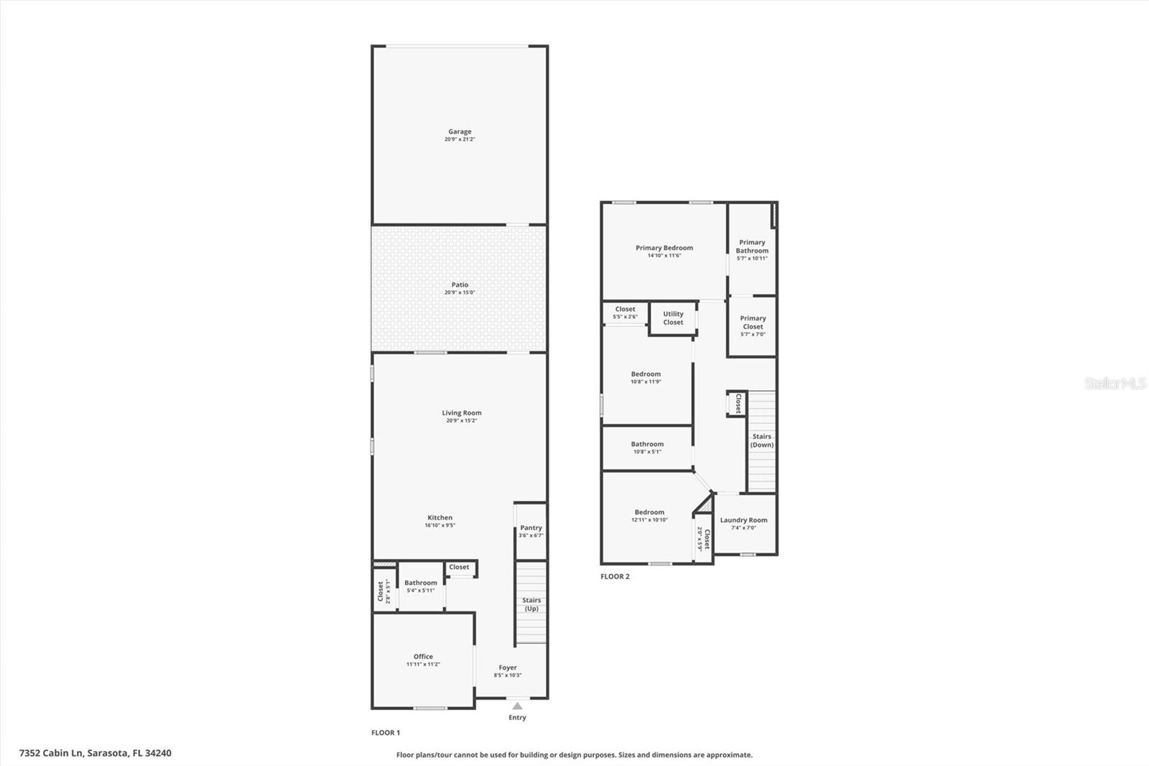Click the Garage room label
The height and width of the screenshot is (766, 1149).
pos(460,131)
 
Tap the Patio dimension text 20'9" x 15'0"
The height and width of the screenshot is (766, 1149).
pos(460,292)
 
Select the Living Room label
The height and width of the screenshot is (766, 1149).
pos(461,412)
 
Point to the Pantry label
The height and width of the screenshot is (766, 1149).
pos(531,527)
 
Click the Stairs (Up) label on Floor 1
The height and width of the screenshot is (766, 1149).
pos(531,604)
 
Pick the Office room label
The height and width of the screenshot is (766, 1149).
pos(423,656)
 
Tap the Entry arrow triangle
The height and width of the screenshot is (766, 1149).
pos(517,706)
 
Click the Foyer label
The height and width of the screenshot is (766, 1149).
pos(508,668)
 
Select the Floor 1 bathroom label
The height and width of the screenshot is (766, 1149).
pos(420,583)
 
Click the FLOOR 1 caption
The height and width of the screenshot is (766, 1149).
pos(386,733)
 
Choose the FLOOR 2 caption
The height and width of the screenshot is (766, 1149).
pos(615,576)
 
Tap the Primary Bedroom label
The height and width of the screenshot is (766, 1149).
pos(664,248)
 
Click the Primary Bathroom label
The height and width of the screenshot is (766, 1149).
pos(752,246)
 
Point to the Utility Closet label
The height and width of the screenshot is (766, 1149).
pos(673,318)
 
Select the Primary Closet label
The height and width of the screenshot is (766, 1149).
pos(753,322)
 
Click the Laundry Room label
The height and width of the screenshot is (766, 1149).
pos(743,520)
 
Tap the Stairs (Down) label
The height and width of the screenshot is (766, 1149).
pos(762,440)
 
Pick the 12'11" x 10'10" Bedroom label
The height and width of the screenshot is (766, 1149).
pos(649,512)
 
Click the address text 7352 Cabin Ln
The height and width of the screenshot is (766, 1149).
pos(52,753)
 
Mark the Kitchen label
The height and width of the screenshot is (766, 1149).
pos(439,517)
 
